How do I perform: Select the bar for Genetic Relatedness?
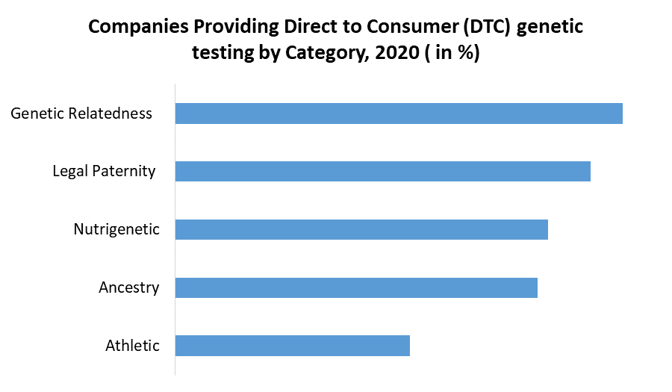pyautogui.click(x=399, y=113)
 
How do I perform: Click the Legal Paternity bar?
pyautogui.click(x=382, y=171)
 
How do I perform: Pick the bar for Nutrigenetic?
pyautogui.click(x=361, y=229)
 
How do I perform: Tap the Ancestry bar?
pyautogui.click(x=356, y=287)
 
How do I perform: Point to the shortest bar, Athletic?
pyautogui.click(x=292, y=346)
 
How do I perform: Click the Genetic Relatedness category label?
pyautogui.click(x=81, y=113)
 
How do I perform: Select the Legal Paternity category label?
pyautogui.click(x=104, y=171)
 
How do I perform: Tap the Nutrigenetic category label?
pyautogui.click(x=116, y=229)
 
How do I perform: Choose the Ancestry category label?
pyautogui.click(x=128, y=287)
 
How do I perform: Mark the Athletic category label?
pyautogui.click(x=132, y=346)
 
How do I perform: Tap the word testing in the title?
pyautogui.click(x=222, y=55)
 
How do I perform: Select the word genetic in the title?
pyautogui.click(x=548, y=28)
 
